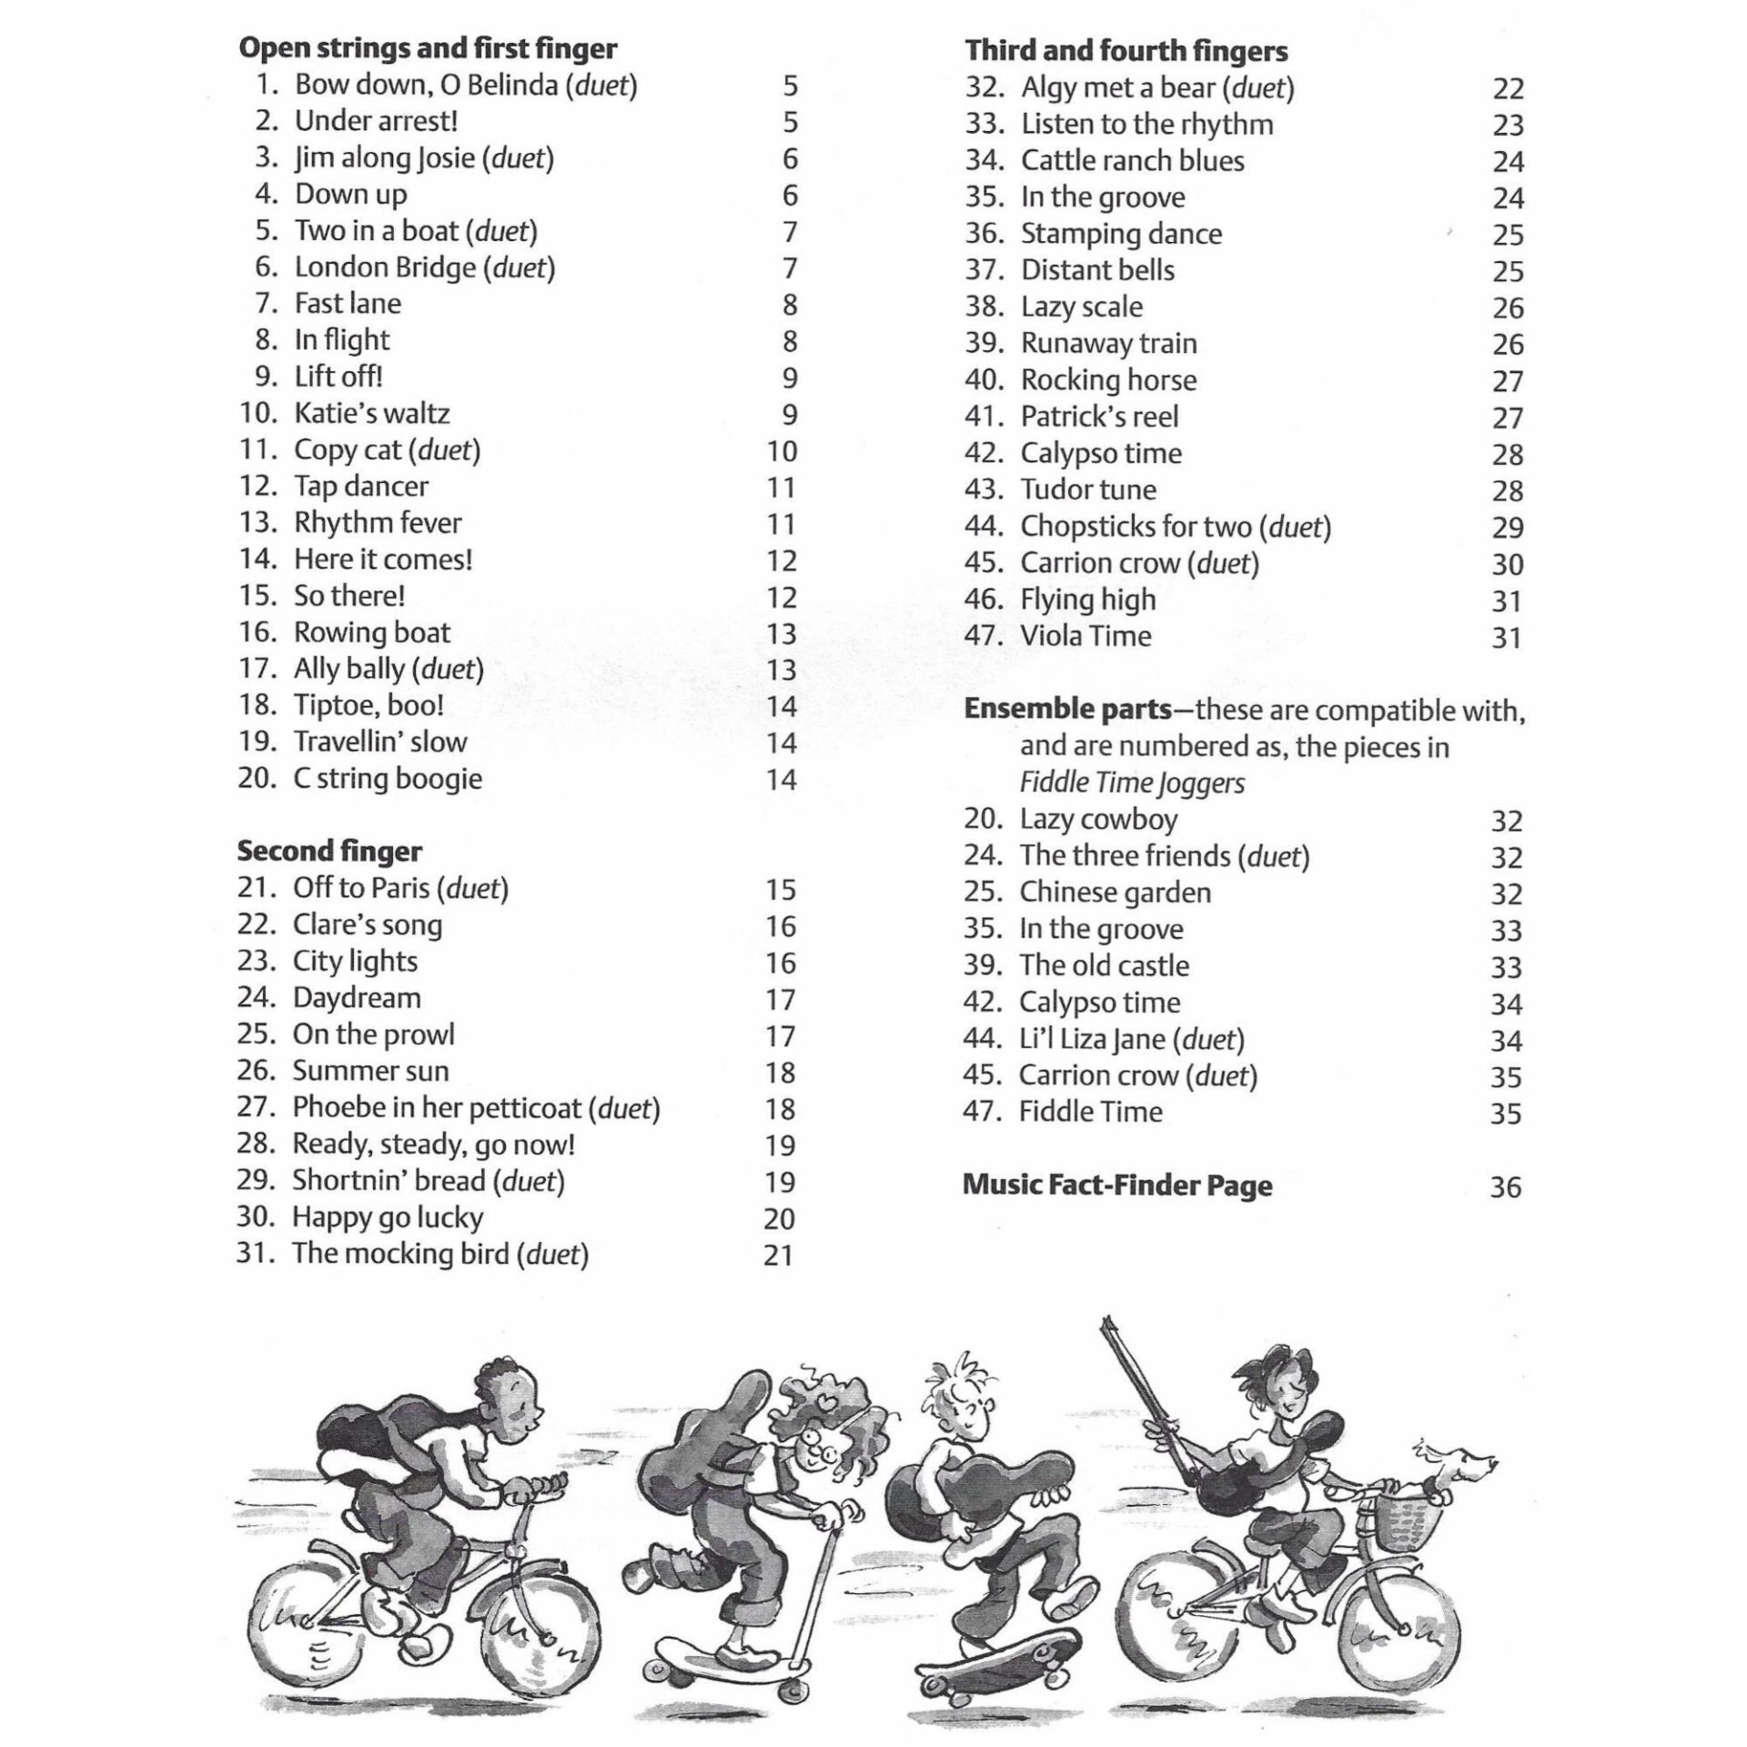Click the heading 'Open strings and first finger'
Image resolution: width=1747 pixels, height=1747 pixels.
tap(428, 48)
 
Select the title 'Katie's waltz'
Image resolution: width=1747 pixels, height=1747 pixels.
tap(371, 413)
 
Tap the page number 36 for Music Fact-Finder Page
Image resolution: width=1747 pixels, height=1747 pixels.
tap(1506, 1187)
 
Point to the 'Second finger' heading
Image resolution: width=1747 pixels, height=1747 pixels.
tap(329, 851)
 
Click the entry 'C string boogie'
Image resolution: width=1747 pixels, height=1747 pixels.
tap(388, 779)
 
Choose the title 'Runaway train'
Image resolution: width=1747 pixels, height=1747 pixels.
tap(1108, 343)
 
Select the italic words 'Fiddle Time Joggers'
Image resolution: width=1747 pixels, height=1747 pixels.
tap(1132, 783)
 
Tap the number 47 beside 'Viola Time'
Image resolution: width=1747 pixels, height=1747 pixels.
tap(983, 635)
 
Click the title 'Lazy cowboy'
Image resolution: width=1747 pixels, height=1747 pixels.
tap(1098, 819)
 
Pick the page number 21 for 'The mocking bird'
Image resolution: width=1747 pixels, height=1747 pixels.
tap(779, 1256)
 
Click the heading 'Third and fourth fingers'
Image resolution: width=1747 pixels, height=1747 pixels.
tap(1126, 51)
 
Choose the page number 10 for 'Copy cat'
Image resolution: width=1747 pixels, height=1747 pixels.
tap(781, 451)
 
